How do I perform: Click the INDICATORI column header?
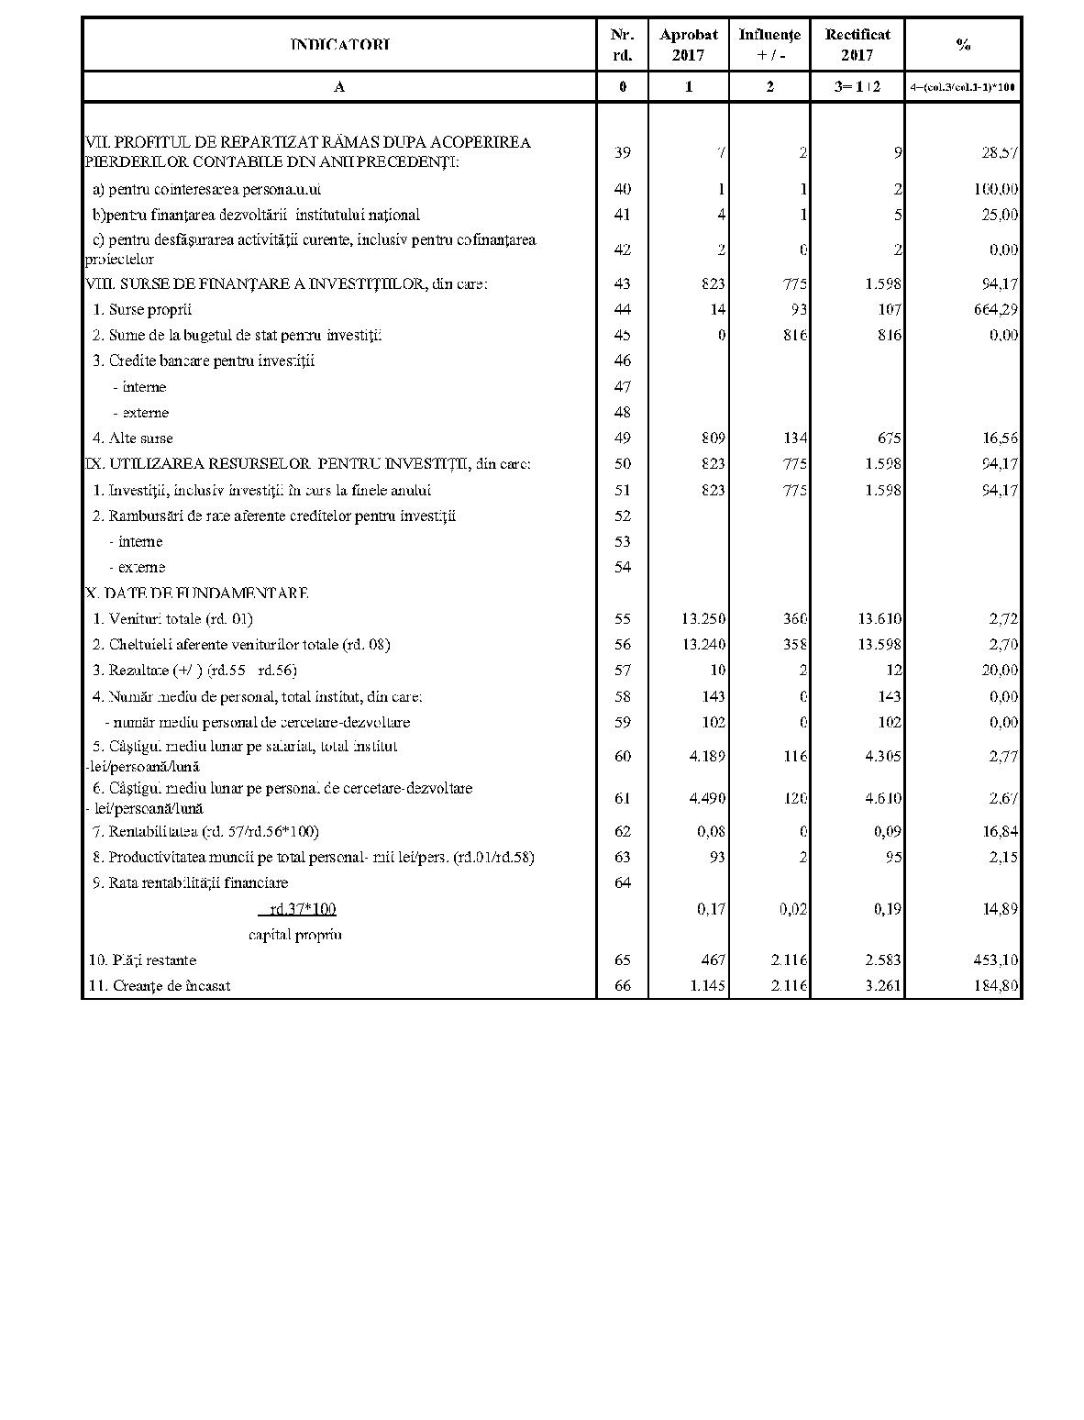(339, 44)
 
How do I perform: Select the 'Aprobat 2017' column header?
(688, 44)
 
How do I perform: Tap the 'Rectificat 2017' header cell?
(857, 44)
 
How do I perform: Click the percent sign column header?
(963, 44)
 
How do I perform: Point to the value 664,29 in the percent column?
(994, 309)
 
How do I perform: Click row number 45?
(623, 335)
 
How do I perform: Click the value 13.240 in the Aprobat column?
(703, 644)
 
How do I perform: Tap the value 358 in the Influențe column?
(794, 644)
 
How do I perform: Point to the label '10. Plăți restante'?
(142, 960)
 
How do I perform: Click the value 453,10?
(994, 960)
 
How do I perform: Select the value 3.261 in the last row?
(880, 986)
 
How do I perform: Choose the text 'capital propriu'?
(294, 935)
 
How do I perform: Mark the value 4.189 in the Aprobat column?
(705, 756)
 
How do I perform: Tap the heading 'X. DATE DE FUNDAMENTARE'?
(196, 593)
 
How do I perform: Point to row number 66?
(623, 986)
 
